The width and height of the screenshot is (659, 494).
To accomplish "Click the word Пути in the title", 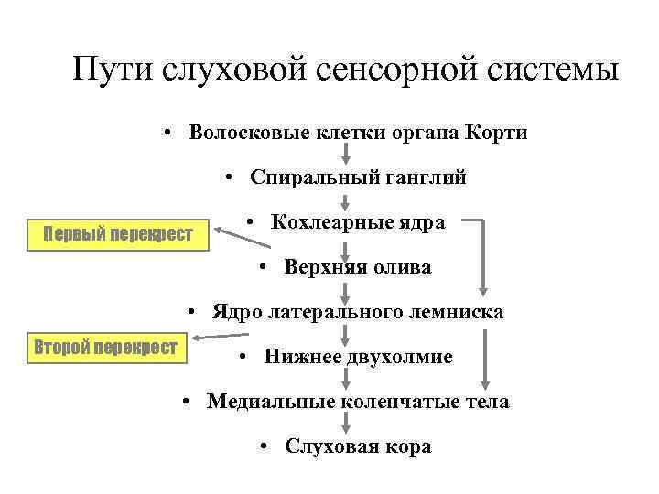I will [113, 70].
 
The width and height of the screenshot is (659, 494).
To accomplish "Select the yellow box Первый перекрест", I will [119, 234].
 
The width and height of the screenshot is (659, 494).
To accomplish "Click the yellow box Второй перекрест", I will [109, 349].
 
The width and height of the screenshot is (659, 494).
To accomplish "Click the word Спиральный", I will [303, 177].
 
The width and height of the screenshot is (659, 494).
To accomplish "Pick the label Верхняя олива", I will [357, 267].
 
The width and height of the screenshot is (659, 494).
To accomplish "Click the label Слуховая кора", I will [357, 446].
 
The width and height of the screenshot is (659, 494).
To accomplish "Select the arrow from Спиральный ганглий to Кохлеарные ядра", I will [345, 200].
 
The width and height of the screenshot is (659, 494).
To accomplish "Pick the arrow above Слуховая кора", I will [345, 424].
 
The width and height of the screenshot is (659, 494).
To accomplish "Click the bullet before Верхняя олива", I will [263, 267].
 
